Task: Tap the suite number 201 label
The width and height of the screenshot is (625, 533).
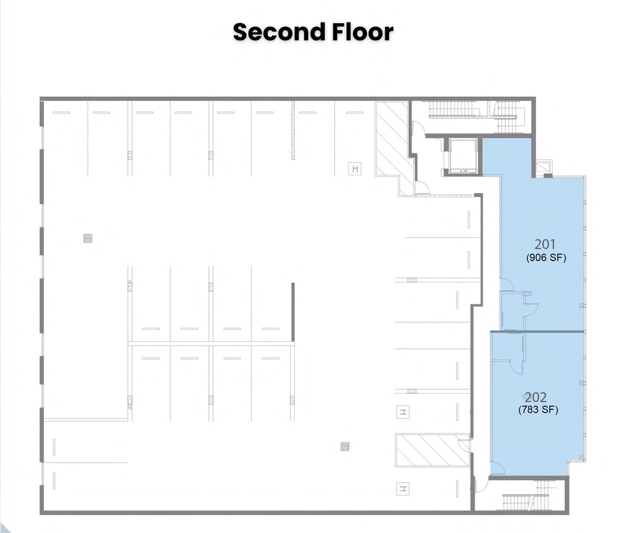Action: point(545,244)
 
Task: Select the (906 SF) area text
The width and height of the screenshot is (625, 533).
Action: point(546,258)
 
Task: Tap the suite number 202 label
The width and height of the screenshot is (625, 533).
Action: point(536,397)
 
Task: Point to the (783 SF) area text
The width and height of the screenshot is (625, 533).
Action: point(538,409)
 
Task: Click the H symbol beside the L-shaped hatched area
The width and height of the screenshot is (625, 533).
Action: point(355,169)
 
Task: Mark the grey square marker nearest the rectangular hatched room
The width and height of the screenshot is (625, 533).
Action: point(345,447)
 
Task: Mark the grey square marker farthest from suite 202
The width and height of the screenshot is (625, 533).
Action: point(88,239)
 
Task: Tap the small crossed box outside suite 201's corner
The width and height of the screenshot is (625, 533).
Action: point(543,168)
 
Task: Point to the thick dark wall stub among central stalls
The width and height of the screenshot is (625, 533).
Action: point(293,312)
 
